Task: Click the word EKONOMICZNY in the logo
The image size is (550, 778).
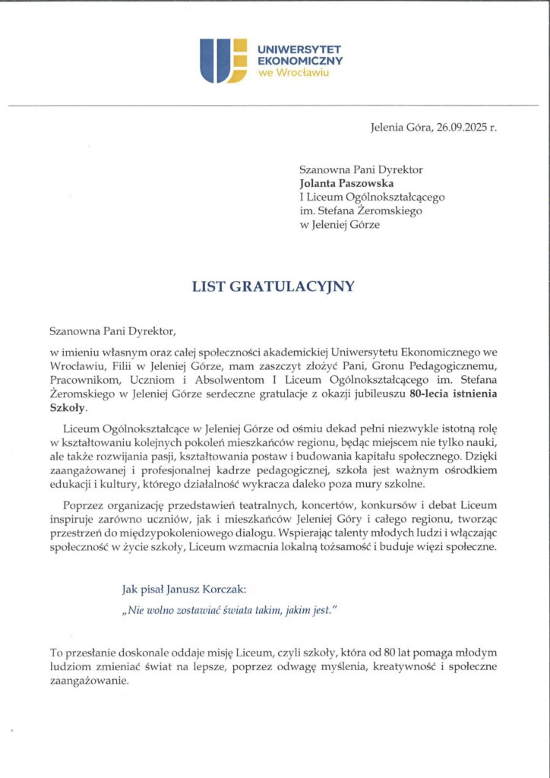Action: tap(301, 60)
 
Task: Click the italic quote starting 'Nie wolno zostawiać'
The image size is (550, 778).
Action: tap(228, 610)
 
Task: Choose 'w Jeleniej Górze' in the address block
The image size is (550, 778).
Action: tap(340, 224)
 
